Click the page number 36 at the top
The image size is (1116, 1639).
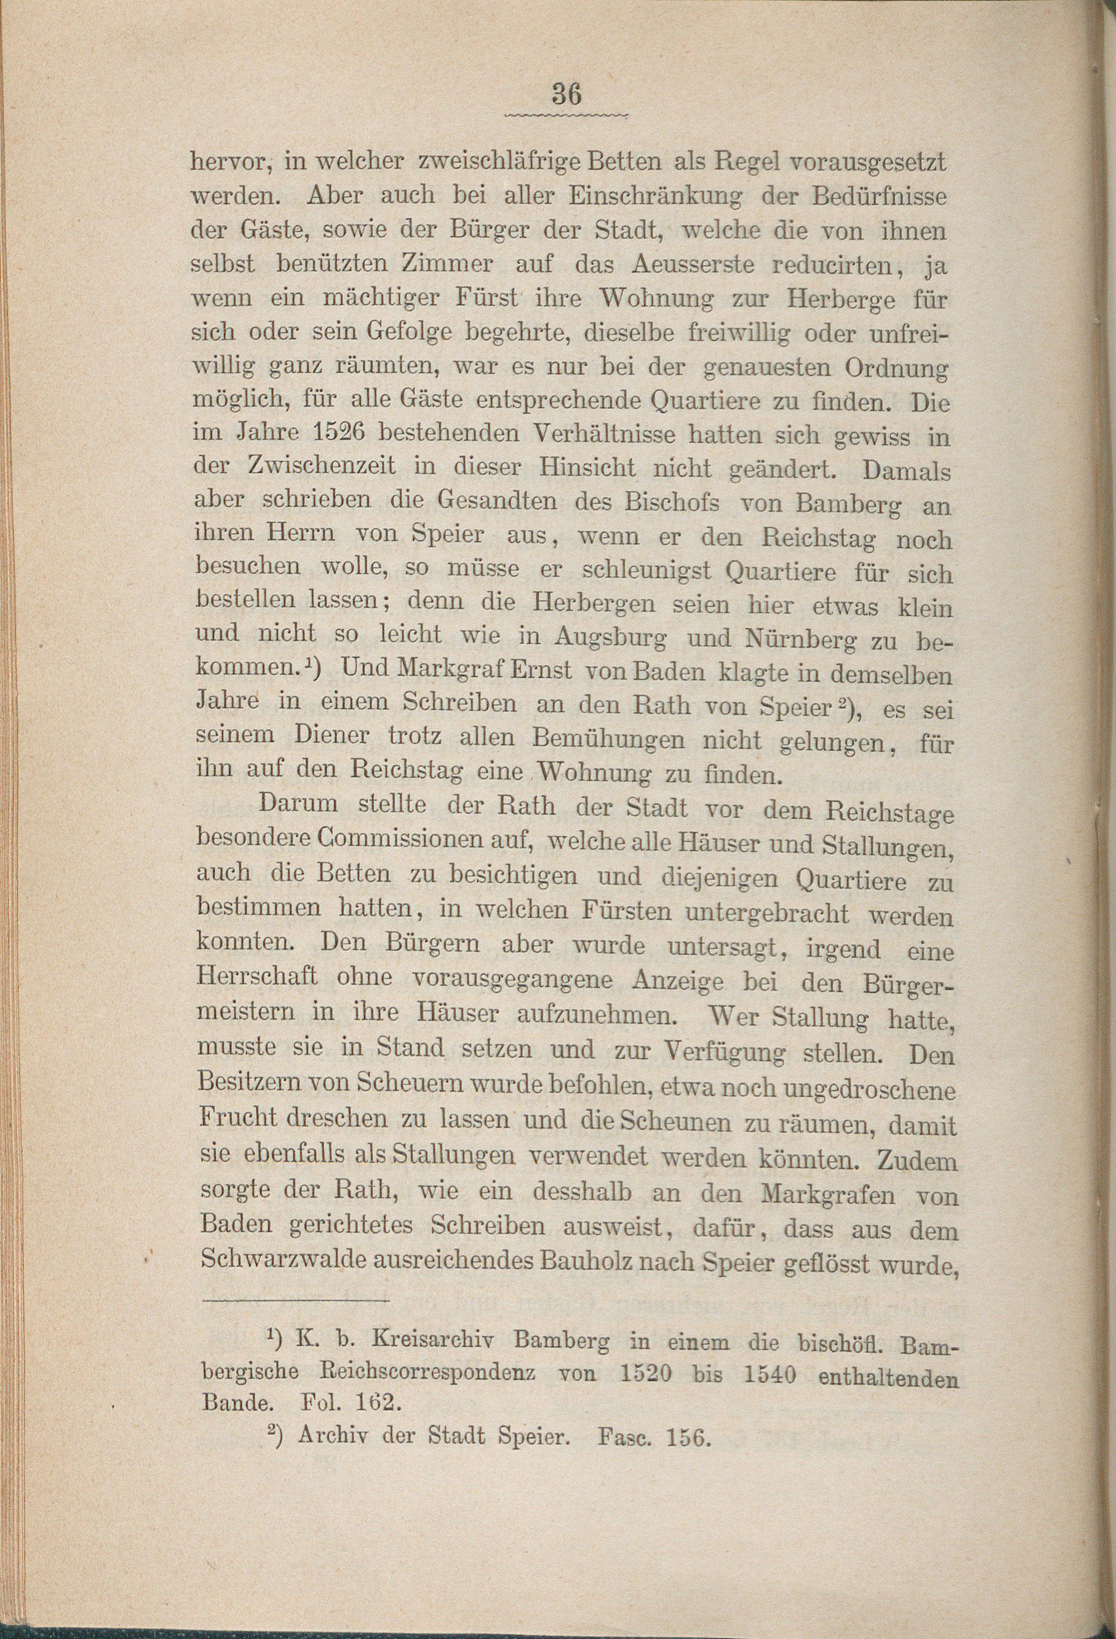(567, 94)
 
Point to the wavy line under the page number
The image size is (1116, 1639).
(567, 114)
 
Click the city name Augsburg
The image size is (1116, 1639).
(611, 638)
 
